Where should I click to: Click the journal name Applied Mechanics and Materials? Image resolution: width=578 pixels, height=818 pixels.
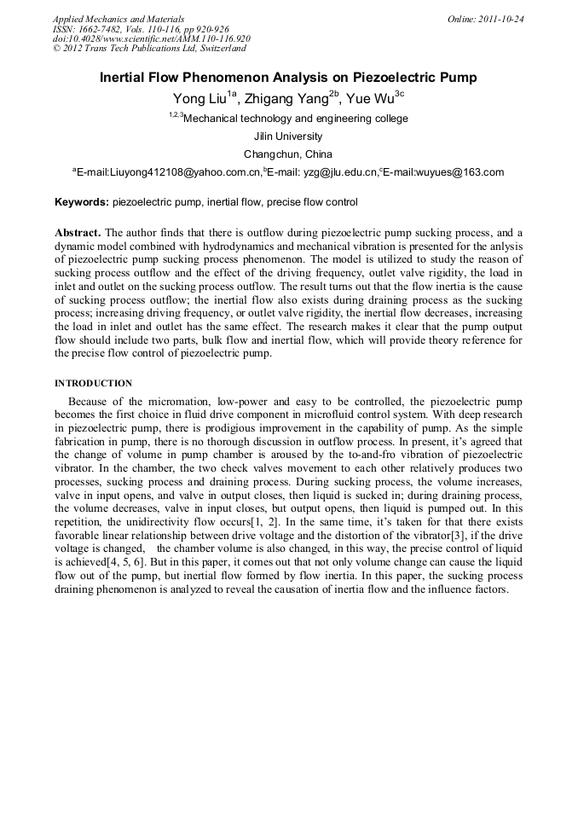[118, 18]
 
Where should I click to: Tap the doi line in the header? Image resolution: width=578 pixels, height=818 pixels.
[151, 38]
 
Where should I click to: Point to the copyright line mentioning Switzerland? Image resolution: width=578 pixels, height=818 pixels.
[149, 49]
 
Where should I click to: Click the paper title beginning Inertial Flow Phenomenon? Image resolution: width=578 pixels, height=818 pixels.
[288, 78]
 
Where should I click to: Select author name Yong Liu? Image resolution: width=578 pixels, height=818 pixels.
[199, 98]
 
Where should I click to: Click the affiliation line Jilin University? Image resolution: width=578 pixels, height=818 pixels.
[288, 136]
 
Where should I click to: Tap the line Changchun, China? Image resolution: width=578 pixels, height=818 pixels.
[288, 154]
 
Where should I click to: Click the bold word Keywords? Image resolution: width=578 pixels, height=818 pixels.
[81, 203]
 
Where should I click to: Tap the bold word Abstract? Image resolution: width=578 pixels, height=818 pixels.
[78, 233]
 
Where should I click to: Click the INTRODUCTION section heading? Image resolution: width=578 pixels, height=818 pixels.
[93, 383]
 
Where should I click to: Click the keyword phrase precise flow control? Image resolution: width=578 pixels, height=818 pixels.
[312, 203]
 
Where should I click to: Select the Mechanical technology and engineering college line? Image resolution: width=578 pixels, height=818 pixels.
[295, 119]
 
